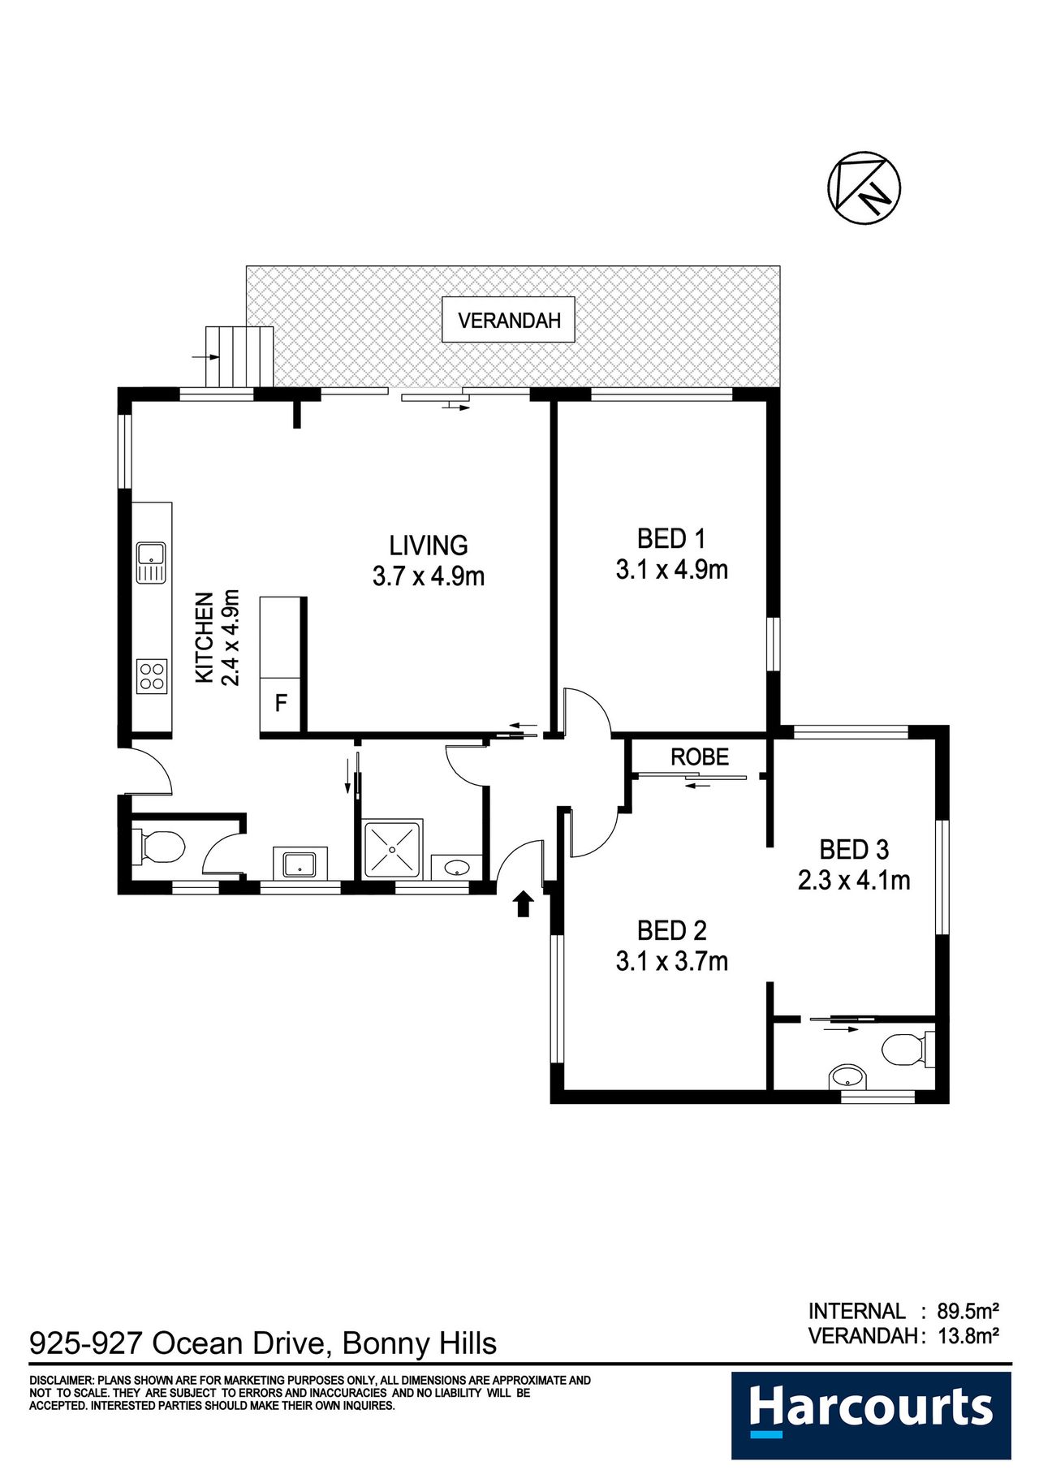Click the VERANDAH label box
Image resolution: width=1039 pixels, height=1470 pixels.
[x=508, y=320]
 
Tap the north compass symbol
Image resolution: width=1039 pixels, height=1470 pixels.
[x=864, y=188]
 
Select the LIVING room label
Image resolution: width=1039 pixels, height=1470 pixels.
[x=429, y=545]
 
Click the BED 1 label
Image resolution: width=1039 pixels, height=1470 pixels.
[x=671, y=538]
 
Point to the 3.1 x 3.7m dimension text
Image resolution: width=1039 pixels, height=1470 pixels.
[x=672, y=961]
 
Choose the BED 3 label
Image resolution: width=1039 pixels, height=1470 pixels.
[x=854, y=850]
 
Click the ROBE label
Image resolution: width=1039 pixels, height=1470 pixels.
[x=700, y=757]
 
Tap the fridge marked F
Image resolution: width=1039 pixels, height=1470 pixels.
[x=280, y=702]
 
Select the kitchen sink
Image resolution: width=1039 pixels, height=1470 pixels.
[x=151, y=562]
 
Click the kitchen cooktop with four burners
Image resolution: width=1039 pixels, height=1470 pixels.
[x=152, y=676]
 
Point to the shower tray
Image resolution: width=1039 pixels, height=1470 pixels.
[x=393, y=850]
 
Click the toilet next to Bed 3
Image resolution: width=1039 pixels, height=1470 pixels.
[x=908, y=1050]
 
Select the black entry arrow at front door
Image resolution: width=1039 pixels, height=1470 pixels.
[x=524, y=903]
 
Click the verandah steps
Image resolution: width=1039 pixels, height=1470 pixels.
[x=239, y=357]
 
